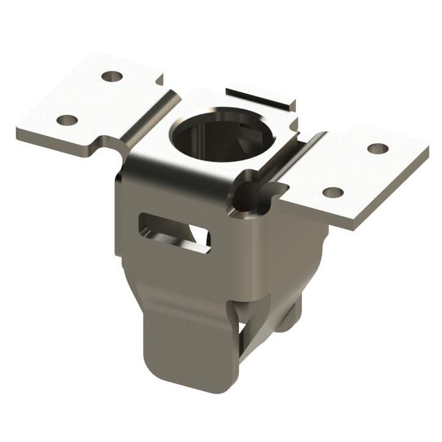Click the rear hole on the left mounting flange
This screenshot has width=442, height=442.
pyautogui.click(x=112, y=76)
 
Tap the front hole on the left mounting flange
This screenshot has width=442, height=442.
pyautogui.click(x=67, y=120)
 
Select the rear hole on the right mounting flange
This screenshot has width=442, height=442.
pyautogui.click(x=377, y=148)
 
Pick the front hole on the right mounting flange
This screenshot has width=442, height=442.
pyautogui.click(x=333, y=193)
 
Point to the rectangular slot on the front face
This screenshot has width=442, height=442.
pyautogui.click(x=175, y=232)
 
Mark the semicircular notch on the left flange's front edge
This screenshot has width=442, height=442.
pyautogui.click(x=112, y=142)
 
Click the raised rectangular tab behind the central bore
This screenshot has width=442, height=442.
pyautogui.click(x=260, y=98)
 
